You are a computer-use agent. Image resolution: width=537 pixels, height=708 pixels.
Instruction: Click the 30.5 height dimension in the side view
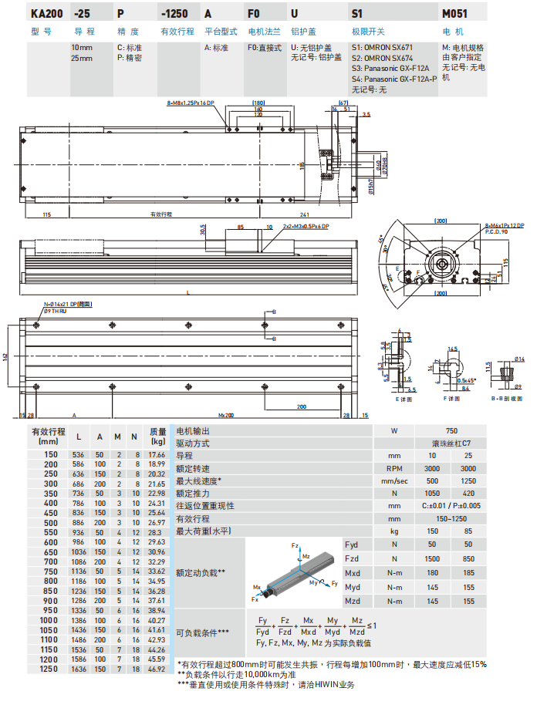(203, 231)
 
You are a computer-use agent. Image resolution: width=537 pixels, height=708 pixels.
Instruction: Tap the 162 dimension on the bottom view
(5, 356)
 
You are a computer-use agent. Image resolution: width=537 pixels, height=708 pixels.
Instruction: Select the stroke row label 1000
(49, 619)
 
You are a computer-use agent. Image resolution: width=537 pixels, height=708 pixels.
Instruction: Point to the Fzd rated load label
(352, 558)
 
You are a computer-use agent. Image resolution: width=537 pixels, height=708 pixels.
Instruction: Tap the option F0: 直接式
(264, 48)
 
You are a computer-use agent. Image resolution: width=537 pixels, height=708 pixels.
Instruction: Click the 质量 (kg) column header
(158, 437)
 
